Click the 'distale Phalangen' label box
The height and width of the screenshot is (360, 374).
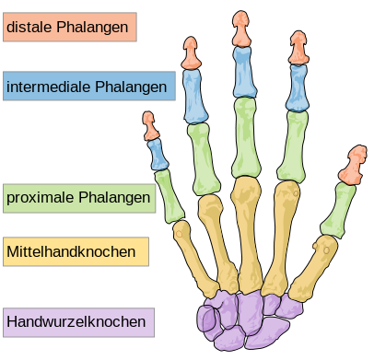pyautogui.click(x=70, y=28)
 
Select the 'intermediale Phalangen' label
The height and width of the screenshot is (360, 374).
pyautogui.click(x=88, y=87)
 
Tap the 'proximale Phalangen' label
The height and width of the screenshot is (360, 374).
pyautogui.click(x=78, y=198)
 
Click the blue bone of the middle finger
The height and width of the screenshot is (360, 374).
pyautogui.click(x=242, y=73)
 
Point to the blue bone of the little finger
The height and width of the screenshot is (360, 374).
pyautogui.click(x=156, y=153)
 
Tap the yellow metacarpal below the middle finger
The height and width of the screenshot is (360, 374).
pyautogui.click(x=247, y=230)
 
